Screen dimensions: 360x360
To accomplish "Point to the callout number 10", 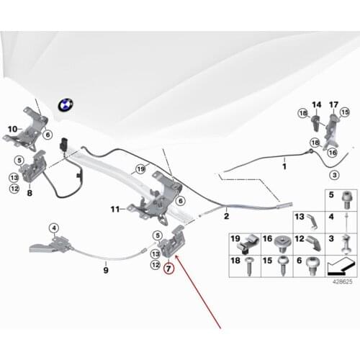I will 12,130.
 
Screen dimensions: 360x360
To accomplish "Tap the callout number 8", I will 30,193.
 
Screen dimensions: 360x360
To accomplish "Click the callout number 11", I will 114,210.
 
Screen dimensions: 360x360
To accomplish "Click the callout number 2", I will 226,215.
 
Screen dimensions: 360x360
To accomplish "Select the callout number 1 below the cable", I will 283,166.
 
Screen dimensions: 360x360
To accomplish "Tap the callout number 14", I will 315,105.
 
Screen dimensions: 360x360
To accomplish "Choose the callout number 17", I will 333,105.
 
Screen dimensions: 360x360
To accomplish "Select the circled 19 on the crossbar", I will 140,169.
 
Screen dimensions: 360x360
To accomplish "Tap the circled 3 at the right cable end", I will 333,175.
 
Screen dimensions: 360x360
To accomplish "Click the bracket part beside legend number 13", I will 304,218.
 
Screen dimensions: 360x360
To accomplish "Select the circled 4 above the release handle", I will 53,228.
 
